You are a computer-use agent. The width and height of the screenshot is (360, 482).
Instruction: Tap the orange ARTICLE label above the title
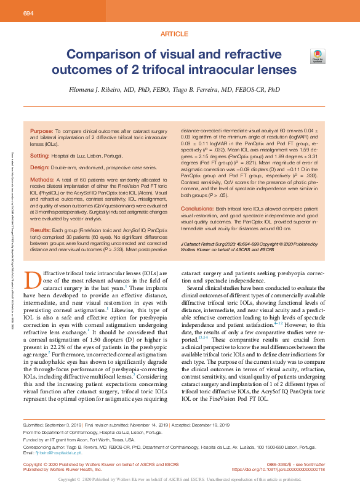(174, 34)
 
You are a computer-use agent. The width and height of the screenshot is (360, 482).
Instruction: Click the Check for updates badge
(316, 57)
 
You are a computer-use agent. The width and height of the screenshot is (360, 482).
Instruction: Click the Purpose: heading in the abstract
(42, 131)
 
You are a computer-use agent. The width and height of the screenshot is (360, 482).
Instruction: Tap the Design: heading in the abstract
(39, 167)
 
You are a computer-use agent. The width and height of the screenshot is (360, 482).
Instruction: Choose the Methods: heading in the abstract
(42, 179)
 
